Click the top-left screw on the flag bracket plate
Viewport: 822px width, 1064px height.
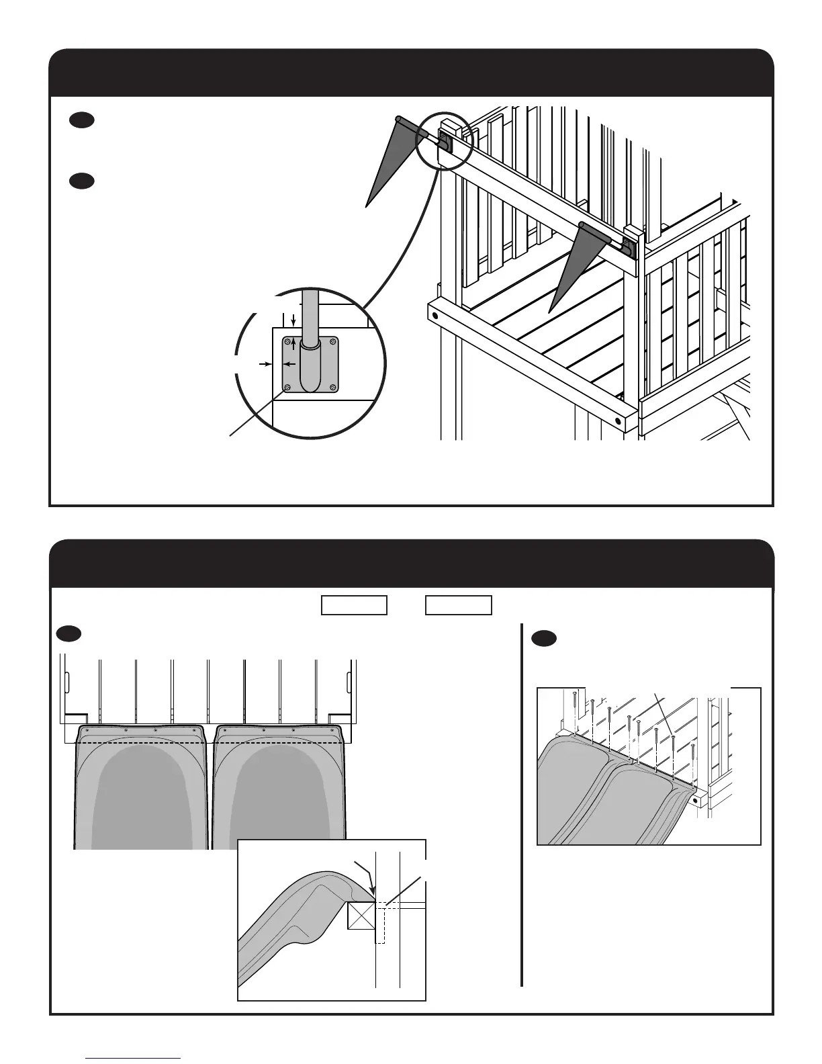pyautogui.click(x=288, y=342)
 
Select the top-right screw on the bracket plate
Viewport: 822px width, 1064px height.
pyautogui.click(x=333, y=342)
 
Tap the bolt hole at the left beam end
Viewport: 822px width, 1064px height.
pyautogui.click(x=436, y=314)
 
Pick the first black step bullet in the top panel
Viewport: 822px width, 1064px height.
pyautogui.click(x=81, y=120)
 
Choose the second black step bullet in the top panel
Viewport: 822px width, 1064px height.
pyautogui.click(x=81, y=181)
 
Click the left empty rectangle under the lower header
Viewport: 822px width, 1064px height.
pyautogui.click(x=354, y=605)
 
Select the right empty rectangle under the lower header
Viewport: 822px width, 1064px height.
pyautogui.click(x=459, y=605)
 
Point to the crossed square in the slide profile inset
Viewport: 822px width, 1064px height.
pyautogui.click(x=361, y=916)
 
